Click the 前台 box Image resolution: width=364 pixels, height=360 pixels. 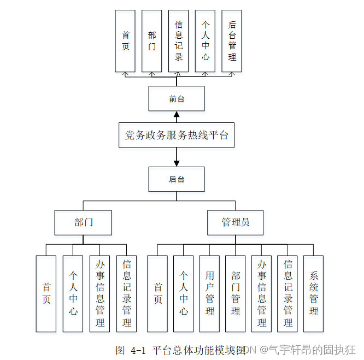point(177,99)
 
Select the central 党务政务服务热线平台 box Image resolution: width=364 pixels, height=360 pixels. point(177,135)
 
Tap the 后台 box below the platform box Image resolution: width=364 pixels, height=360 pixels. point(177,179)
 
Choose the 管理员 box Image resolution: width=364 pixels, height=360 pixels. point(236,222)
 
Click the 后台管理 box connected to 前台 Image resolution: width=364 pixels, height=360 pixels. point(232,41)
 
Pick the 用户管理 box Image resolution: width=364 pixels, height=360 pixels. point(210,293)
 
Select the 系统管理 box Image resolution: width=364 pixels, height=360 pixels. point(313,293)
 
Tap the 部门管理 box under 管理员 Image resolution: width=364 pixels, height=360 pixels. point(236,293)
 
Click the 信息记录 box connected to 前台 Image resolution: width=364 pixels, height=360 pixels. point(178,41)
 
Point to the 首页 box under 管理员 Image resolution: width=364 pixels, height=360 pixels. point(157,293)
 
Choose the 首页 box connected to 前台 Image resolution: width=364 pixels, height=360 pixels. point(125,41)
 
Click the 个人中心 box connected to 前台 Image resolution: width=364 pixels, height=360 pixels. point(205,41)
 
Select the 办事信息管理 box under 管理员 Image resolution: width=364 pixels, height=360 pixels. point(261,293)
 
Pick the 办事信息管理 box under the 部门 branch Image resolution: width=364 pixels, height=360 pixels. point(100,293)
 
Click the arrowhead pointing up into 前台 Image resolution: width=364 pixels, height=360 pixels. point(177,115)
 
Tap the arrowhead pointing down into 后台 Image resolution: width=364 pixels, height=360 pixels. point(177,163)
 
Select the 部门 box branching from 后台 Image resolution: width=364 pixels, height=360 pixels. point(84,222)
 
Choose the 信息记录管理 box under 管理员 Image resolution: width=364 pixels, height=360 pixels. point(287,293)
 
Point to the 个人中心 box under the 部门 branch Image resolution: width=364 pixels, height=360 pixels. point(73,293)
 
